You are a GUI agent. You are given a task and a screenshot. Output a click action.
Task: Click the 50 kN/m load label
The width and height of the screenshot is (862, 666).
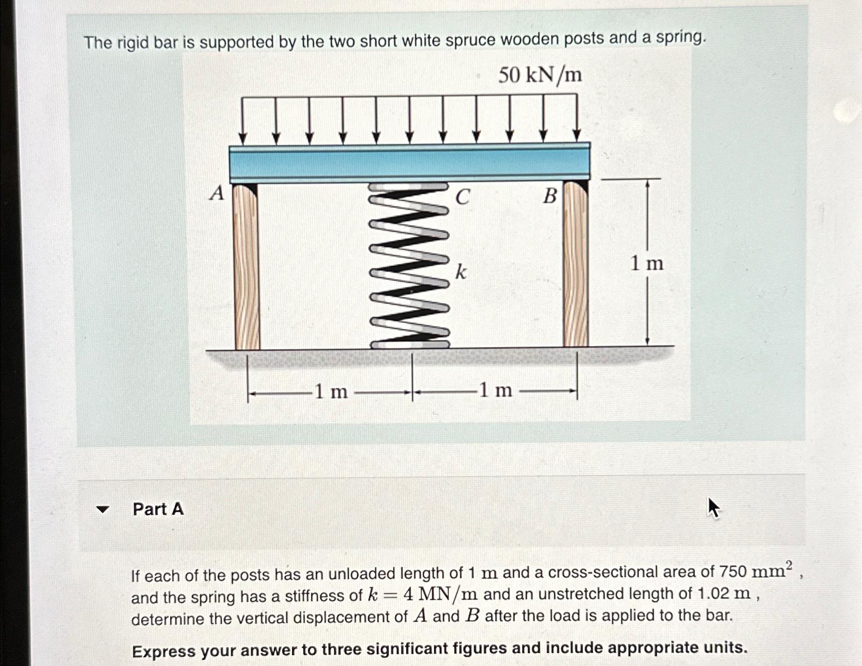[540, 75]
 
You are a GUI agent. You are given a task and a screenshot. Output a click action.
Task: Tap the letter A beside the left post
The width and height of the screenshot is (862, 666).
[218, 194]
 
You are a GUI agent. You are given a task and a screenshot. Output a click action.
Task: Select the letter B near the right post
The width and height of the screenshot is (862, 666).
[550, 196]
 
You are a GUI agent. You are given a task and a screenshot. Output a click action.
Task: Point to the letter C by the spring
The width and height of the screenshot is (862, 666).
[462, 197]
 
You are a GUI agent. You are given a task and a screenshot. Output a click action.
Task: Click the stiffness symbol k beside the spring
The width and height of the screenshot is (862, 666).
[461, 272]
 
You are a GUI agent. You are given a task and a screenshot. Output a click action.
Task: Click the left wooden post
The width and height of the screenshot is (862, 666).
[246, 266]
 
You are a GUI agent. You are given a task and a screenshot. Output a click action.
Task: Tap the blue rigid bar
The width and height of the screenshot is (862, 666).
[409, 163]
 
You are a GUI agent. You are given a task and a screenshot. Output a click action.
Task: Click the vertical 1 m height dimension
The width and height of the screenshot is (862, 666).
[647, 263]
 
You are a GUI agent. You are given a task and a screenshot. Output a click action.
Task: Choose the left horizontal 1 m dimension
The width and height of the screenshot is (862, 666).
[331, 392]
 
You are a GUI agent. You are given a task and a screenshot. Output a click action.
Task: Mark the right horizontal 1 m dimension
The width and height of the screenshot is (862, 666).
[495, 390]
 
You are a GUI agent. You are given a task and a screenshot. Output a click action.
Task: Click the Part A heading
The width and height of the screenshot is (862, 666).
[158, 509]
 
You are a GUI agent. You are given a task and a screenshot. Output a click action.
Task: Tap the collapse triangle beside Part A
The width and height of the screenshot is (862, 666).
[103, 510]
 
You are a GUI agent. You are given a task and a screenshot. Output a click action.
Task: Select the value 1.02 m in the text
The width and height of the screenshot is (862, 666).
[724, 593]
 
